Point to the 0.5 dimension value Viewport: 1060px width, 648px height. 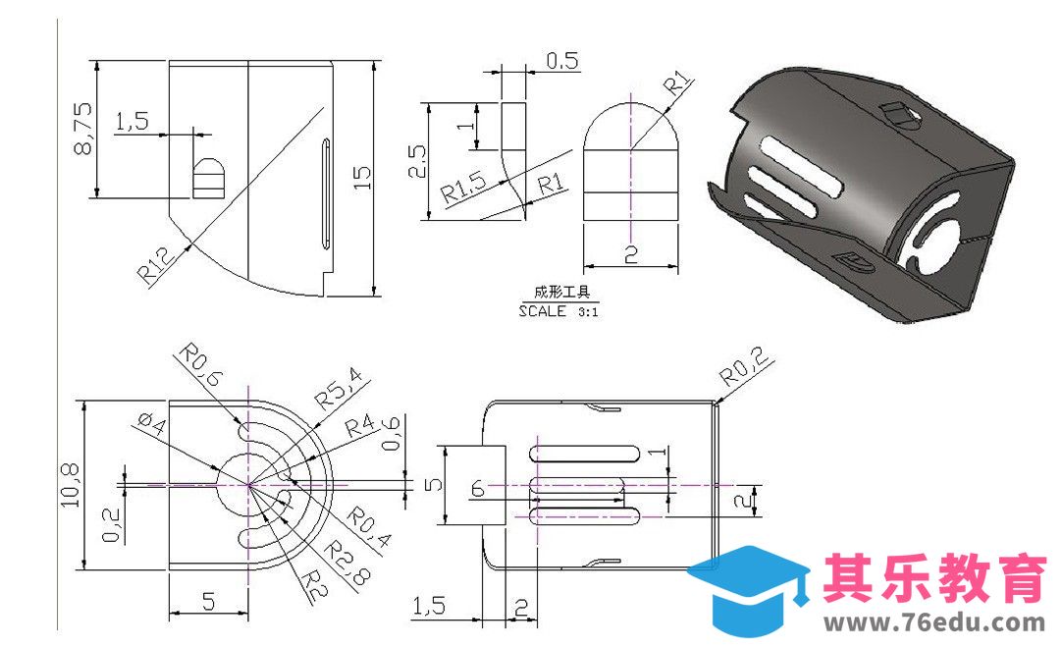(x=561, y=61)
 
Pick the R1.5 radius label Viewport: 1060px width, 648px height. (x=462, y=188)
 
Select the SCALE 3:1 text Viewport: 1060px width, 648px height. (x=558, y=312)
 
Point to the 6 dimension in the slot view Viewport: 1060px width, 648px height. (x=478, y=488)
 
